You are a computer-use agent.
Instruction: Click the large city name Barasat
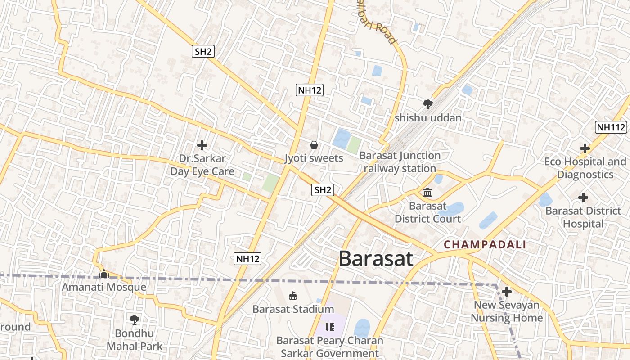pyautogui.click(x=376, y=259)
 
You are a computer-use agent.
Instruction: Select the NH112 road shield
pyautogui.click(x=611, y=127)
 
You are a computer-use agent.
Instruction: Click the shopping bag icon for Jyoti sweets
pyautogui.click(x=314, y=145)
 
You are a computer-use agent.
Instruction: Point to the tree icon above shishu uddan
pyautogui.click(x=427, y=104)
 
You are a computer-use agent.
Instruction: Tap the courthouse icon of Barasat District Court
pyautogui.click(x=427, y=193)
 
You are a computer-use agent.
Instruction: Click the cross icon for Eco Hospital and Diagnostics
pyautogui.click(x=585, y=148)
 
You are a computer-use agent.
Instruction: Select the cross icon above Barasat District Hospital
pyautogui.click(x=583, y=197)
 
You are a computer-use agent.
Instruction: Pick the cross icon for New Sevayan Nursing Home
pyautogui.click(x=507, y=292)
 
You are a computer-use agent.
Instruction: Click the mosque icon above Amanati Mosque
pyautogui.click(x=104, y=274)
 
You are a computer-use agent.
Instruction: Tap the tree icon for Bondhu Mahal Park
pyautogui.click(x=134, y=320)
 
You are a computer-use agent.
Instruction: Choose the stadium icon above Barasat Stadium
pyautogui.click(x=293, y=296)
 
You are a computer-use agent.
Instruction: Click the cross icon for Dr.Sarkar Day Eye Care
pyautogui.click(x=202, y=145)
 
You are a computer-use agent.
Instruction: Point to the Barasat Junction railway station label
pyautogui.click(x=400, y=162)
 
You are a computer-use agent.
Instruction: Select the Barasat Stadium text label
pyautogui.click(x=293, y=309)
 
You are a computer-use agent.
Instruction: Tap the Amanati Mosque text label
pyautogui.click(x=104, y=287)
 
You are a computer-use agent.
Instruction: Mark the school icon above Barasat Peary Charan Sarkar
pyautogui.click(x=329, y=327)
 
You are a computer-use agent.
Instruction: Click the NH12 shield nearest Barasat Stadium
pyautogui.click(x=248, y=259)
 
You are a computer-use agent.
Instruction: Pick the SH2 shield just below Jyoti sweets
pyautogui.click(x=323, y=190)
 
